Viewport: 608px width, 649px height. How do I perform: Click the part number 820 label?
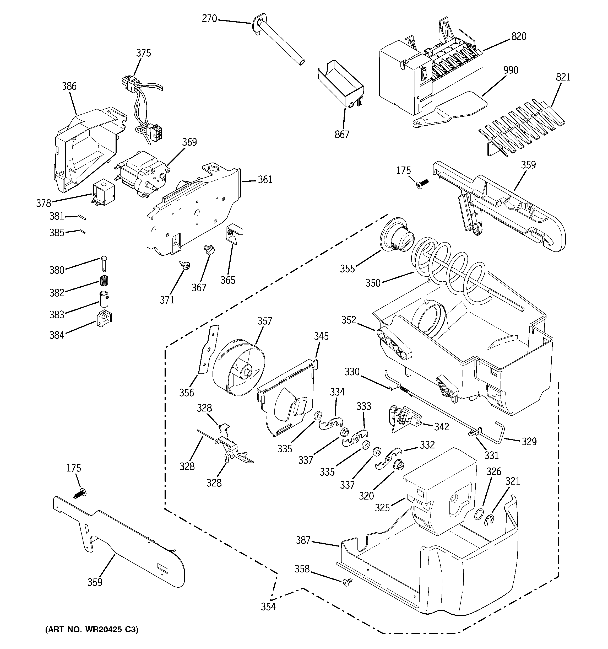519,36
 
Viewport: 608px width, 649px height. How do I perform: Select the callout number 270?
209,19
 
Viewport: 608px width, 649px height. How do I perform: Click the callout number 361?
265,180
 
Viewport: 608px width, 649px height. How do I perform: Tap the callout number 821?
563,77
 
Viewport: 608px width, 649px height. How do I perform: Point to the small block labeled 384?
104,319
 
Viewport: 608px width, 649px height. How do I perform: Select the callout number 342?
441,426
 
